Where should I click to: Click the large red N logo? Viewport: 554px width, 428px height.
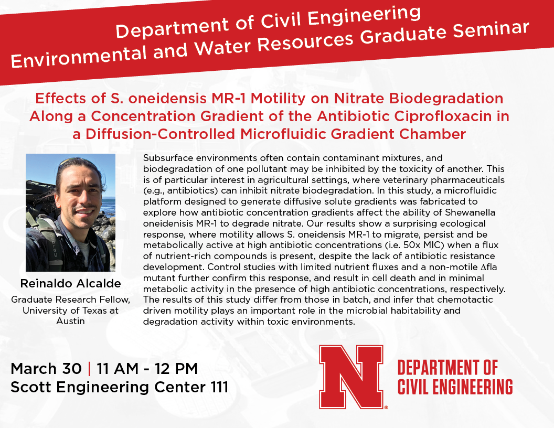[x=351, y=377]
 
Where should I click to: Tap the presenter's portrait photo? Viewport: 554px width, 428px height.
[x=71, y=212]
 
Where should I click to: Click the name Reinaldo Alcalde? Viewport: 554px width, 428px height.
[x=71, y=283]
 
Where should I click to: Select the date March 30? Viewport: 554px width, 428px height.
[x=46, y=369]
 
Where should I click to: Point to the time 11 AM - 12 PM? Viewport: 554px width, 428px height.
[x=147, y=369]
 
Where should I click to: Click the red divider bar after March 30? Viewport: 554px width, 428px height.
[x=89, y=369]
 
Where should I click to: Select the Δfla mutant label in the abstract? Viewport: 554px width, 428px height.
[x=488, y=267]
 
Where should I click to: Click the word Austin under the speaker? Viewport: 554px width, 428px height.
[x=71, y=321]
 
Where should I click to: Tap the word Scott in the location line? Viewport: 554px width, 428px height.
[x=32, y=387]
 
